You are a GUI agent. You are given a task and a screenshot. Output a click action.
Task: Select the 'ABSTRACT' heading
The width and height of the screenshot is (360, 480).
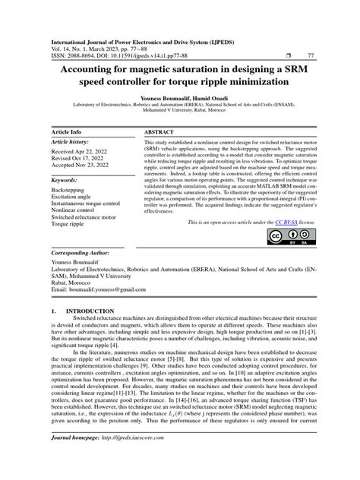160,131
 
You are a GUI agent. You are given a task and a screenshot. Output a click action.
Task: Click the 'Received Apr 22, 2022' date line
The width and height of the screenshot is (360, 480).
80,153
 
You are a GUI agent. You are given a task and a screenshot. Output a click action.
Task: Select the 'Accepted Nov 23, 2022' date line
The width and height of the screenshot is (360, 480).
81,167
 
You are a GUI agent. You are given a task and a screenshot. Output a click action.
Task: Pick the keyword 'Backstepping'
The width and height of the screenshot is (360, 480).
68,191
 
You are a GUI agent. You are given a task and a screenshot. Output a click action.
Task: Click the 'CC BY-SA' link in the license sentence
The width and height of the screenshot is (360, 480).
286,221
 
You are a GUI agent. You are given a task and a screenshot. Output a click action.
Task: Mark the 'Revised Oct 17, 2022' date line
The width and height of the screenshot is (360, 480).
79,160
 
